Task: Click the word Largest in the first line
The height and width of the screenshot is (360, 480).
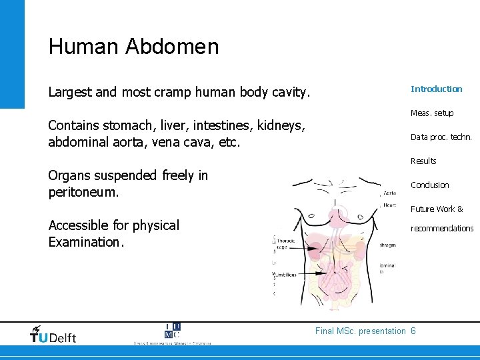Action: (x=70, y=93)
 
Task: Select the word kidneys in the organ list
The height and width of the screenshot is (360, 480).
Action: (x=277, y=125)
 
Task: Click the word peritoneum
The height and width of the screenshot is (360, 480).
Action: (x=83, y=193)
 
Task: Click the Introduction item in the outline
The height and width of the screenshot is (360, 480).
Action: (x=436, y=89)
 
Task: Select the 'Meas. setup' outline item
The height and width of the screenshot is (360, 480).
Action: (x=432, y=113)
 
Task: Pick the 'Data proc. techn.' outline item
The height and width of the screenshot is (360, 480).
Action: (x=441, y=137)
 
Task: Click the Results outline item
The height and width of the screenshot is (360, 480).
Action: (x=423, y=161)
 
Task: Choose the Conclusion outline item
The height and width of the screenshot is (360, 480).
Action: (x=430, y=185)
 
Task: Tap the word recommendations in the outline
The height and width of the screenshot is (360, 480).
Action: (x=442, y=229)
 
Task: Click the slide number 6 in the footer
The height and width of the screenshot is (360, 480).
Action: (x=413, y=331)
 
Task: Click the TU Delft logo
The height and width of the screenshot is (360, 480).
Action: (x=53, y=334)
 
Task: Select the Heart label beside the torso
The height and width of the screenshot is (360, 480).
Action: (x=389, y=205)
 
